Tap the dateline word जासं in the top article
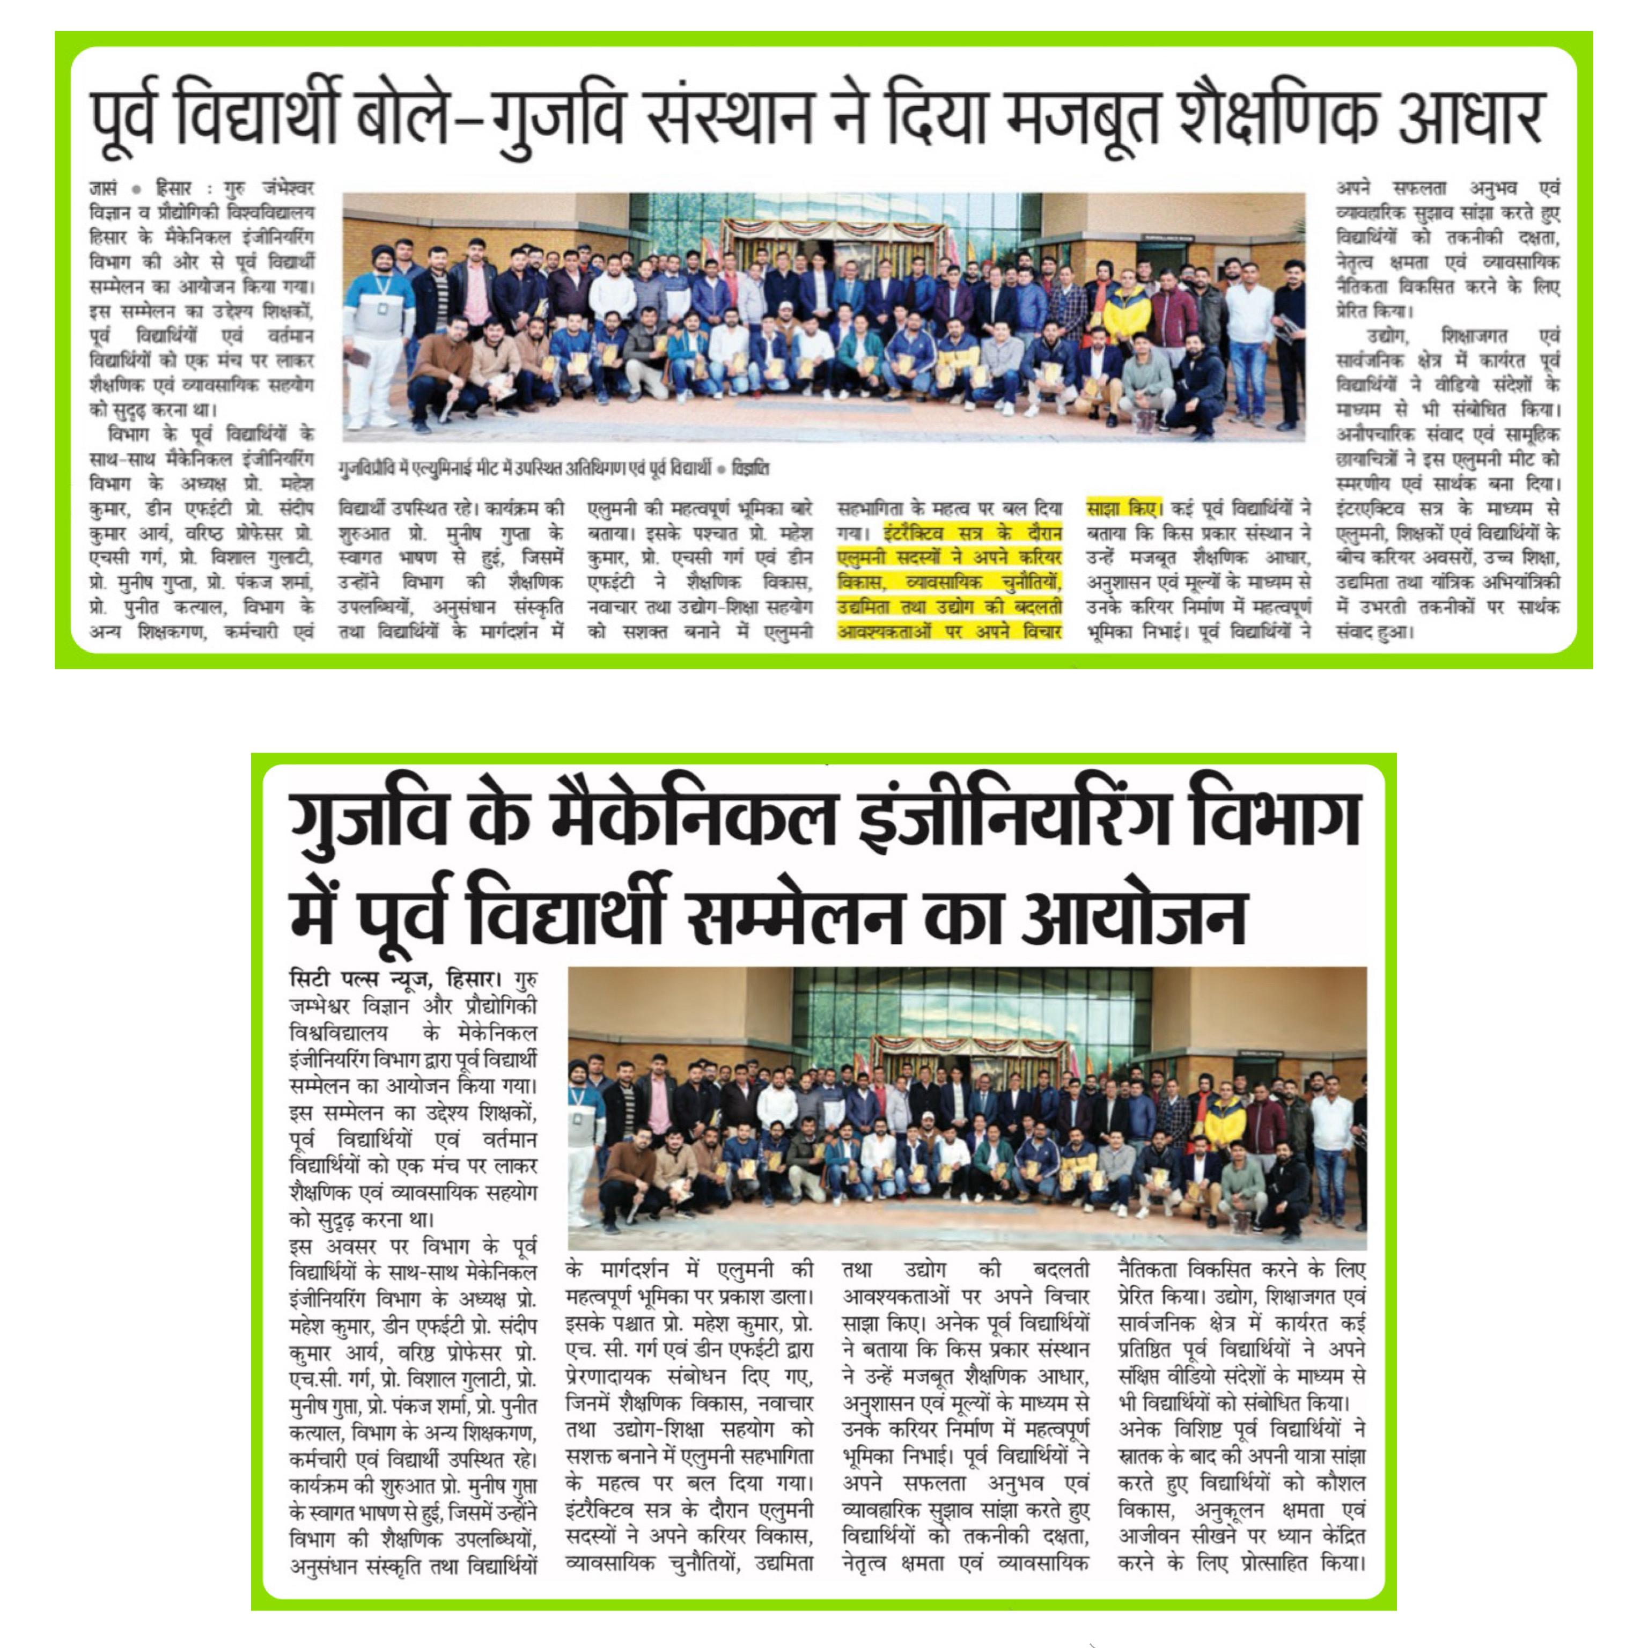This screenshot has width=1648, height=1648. pos(104,188)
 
